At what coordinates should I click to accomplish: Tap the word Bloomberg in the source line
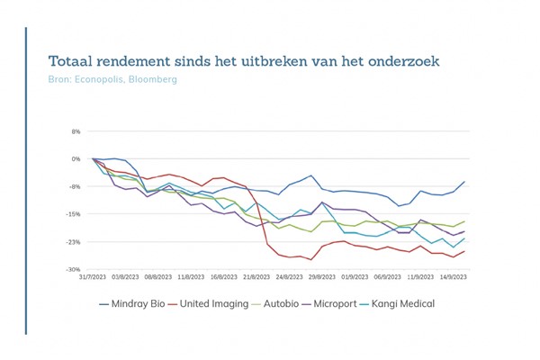[x=152, y=80]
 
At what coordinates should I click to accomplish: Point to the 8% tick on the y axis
[x=76, y=131]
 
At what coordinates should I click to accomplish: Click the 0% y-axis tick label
[x=76, y=159]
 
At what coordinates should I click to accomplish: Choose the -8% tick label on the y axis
[x=75, y=187]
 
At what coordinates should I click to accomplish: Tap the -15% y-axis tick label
[x=74, y=214]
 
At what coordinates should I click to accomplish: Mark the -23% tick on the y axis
[x=74, y=242]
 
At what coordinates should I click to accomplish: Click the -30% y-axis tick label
[x=74, y=270]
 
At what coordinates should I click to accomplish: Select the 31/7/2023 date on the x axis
[x=94, y=279]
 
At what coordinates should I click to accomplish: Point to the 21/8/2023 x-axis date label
[x=255, y=279]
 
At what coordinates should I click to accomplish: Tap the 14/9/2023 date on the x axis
[x=452, y=279]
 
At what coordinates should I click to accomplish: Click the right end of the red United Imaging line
[x=464, y=251]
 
